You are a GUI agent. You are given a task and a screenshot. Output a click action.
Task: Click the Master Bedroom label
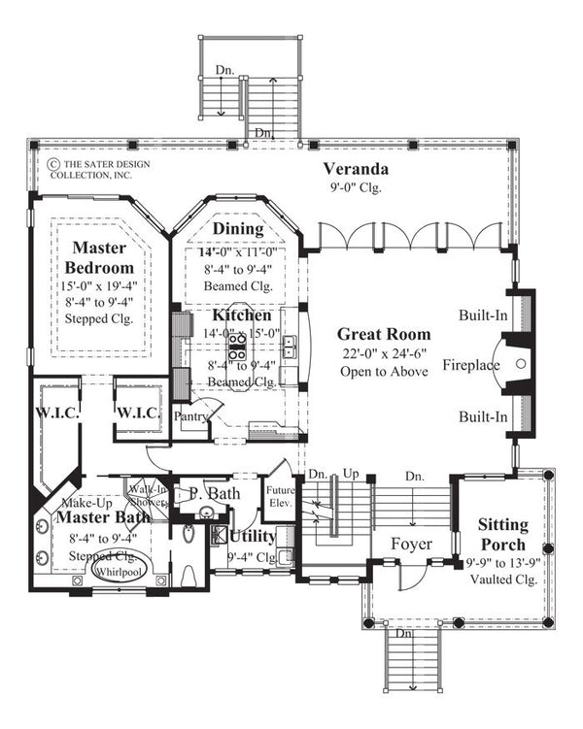[x=93, y=257]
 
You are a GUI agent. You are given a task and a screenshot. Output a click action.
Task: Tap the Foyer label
[x=411, y=545]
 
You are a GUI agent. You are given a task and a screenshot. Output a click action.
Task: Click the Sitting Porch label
[x=502, y=534]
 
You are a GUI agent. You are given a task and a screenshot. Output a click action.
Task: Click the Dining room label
[x=238, y=229]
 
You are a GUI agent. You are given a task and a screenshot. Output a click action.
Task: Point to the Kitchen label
[x=242, y=315]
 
